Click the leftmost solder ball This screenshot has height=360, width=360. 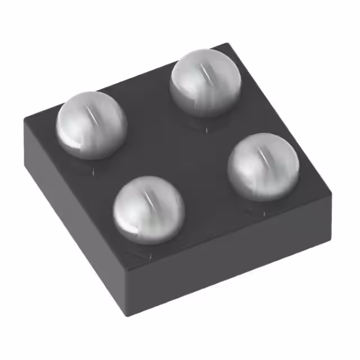[x=91, y=125]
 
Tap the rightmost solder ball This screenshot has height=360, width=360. [x=263, y=166]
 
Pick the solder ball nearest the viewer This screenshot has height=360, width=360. [x=148, y=209]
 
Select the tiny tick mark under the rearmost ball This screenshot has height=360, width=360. [x=206, y=130]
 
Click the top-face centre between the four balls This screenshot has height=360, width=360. [x=177, y=146]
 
